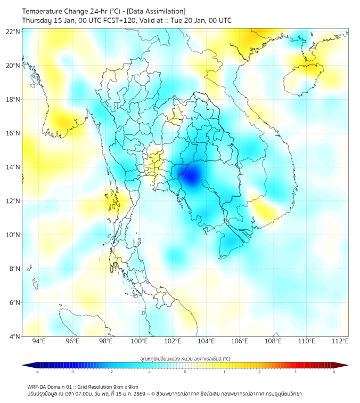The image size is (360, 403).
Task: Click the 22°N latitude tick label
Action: tap(13, 31)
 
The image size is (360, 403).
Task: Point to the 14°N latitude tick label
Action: tap(13, 167)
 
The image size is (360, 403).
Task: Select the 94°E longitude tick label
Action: tap(39, 341)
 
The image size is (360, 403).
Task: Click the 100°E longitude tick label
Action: tap(140, 341)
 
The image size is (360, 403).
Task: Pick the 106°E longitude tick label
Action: tap(240, 341)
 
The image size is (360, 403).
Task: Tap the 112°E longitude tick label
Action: tap(340, 341)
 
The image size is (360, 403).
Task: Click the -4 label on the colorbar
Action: tap(37, 372)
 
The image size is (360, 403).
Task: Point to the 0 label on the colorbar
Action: tap(185, 372)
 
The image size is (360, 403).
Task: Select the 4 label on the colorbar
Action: tap(334, 372)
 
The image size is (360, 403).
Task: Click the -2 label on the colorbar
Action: tap(111, 372)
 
